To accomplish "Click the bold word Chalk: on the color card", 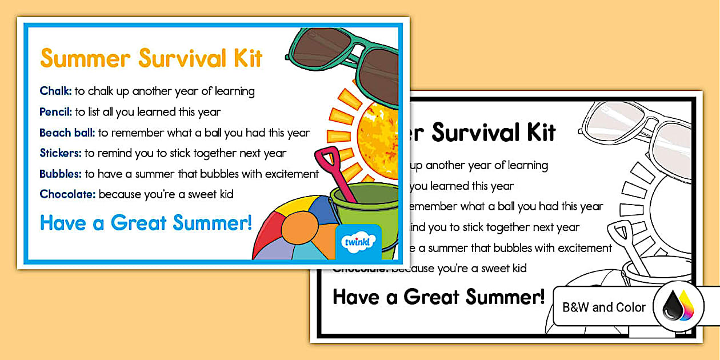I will click(x=55, y=91).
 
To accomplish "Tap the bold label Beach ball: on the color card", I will click(x=67, y=133).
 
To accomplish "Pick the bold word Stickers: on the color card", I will click(x=61, y=153).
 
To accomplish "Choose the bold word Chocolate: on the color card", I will click(x=67, y=194).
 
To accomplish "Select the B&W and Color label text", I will click(x=604, y=307).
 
